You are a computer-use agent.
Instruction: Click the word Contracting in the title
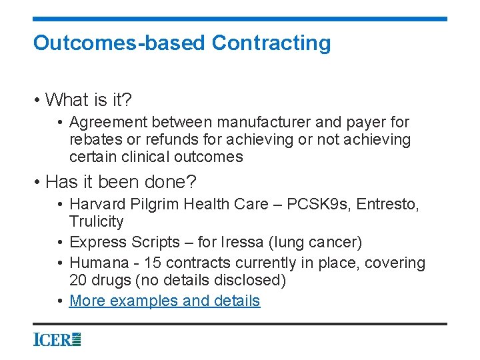click(271, 43)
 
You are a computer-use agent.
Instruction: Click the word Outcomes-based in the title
click(119, 43)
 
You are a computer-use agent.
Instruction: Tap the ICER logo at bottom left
click(57, 339)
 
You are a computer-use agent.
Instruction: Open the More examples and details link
click(165, 301)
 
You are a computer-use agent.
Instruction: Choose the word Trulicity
click(96, 221)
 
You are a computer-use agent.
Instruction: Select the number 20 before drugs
click(79, 280)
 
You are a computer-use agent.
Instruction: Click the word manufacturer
click(255, 123)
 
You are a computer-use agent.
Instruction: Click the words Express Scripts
click(125, 242)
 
